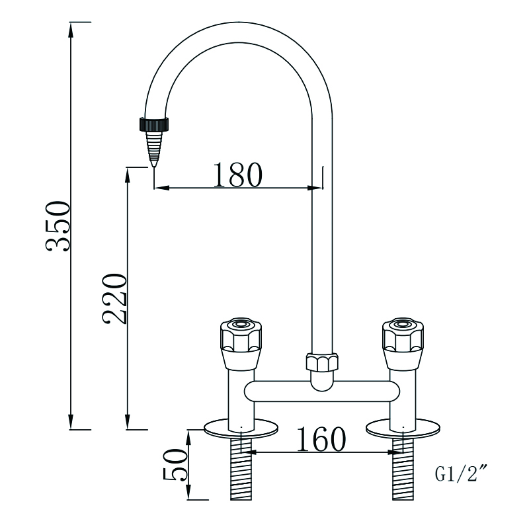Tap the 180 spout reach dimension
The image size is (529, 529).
tap(237, 174)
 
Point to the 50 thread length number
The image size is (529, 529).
tap(175, 465)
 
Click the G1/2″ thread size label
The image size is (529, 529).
tap(461, 473)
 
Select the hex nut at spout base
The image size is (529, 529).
tap(321, 363)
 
